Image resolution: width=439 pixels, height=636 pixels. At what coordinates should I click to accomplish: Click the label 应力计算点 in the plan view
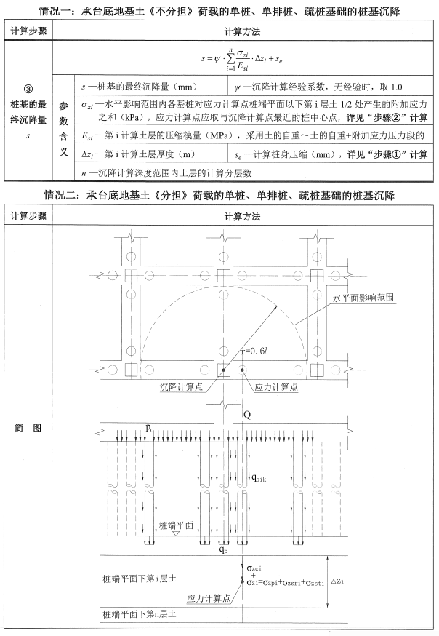(275, 388)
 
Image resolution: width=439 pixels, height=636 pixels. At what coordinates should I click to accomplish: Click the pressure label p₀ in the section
(150, 428)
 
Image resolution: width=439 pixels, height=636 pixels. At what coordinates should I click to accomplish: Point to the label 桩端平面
(176, 524)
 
